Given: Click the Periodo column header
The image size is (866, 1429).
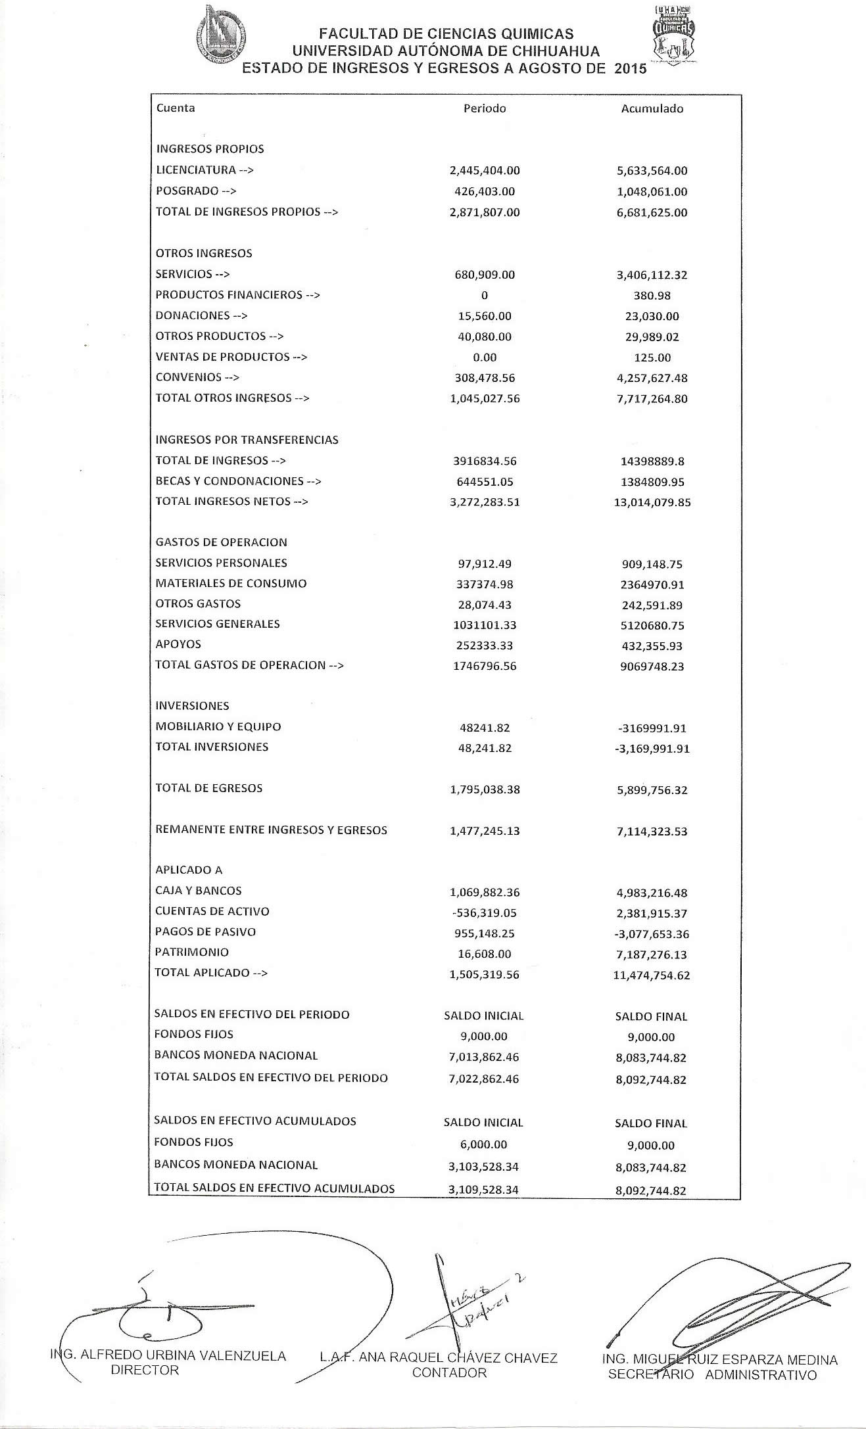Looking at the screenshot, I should coord(485,108).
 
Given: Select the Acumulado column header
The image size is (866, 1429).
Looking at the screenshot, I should coord(652,109).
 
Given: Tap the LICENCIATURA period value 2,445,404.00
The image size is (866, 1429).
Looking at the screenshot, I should coord(485,170).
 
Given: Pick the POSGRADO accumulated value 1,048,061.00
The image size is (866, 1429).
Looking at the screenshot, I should coord(652,192).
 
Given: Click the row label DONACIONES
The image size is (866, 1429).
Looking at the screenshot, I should coord(193,316).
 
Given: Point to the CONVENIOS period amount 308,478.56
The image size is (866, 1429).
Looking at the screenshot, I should coord(485,378).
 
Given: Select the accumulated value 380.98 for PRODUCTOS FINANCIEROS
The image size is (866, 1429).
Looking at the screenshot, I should coord(652,296).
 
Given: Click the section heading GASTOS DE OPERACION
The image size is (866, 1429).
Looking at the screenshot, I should coord(221,542).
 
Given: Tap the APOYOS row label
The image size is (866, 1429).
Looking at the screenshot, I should coord(178,644).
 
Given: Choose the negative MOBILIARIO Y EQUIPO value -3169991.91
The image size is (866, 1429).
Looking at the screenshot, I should coord(652,728).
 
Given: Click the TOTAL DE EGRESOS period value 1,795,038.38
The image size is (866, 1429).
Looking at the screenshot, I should coord(485,789).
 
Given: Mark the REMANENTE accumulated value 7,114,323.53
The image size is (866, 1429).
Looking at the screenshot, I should coord(652,832).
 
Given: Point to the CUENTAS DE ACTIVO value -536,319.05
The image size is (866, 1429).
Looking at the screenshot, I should coord(485,913).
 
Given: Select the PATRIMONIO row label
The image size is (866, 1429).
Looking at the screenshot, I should coord(192,952).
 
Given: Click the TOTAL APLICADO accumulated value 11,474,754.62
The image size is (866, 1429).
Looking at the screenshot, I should coord(652,975).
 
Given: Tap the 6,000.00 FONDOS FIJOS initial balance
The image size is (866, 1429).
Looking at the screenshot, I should coord(484,1144).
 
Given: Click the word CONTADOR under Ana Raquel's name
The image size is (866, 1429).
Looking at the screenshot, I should coord(449,1372).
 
